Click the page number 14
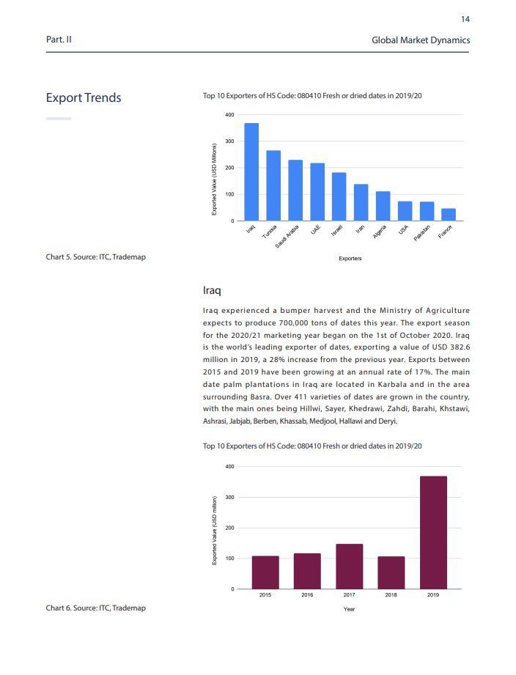[465, 19]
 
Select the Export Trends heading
[84, 98]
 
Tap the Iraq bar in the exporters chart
[251, 171]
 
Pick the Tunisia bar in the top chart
[273, 185]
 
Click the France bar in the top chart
[449, 214]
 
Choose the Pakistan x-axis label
[423, 234]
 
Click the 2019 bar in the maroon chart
[433, 532]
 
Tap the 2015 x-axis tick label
[265, 595]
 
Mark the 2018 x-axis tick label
[391, 595]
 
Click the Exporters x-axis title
[350, 259]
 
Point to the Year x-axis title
[350, 609]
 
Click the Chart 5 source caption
[95, 257]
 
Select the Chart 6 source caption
[95, 608]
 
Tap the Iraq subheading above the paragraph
[212, 291]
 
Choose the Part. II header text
[59, 40]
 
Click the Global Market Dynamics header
[420, 40]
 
